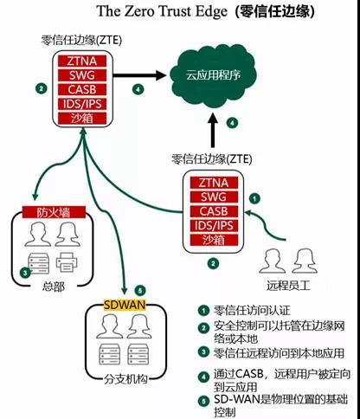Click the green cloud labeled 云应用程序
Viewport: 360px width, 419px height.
point(213,76)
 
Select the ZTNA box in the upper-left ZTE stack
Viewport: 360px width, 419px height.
point(82,61)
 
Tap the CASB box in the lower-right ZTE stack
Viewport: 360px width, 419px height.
point(214,211)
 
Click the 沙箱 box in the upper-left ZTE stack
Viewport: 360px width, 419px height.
point(82,119)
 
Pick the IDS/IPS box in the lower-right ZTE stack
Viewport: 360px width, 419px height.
point(214,226)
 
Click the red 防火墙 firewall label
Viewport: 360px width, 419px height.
point(54,212)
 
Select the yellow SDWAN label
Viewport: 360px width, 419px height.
point(125,305)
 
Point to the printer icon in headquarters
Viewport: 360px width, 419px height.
point(67,262)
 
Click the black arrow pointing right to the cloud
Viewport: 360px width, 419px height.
point(139,75)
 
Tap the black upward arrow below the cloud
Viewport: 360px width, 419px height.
point(213,130)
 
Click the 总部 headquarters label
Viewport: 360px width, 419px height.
point(54,287)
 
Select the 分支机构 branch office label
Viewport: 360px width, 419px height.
point(125,379)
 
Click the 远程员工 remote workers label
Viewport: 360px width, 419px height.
point(288,286)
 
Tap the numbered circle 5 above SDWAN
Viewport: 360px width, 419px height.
point(140,290)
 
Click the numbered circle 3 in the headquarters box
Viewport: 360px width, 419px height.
point(25,272)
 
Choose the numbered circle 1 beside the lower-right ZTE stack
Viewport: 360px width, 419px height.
point(254,198)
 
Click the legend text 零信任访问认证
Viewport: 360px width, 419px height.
point(252,311)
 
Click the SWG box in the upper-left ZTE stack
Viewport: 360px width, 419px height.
point(82,75)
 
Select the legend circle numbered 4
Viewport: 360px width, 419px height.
point(203,377)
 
